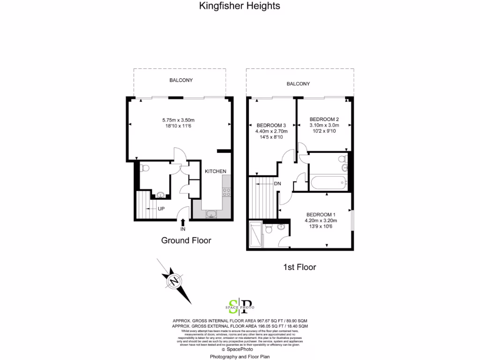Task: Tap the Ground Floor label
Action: pyautogui.click(x=186, y=240)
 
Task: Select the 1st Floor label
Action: pyautogui.click(x=300, y=267)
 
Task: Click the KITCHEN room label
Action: pyautogui.click(x=216, y=172)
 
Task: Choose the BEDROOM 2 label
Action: pyautogui.click(x=324, y=119)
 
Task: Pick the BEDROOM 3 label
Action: pyautogui.click(x=271, y=125)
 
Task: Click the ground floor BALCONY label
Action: pyautogui.click(x=181, y=80)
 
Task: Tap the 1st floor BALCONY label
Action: pyautogui.click(x=299, y=84)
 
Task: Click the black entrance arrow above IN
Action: pyautogui.click(x=183, y=222)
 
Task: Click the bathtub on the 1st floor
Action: pyautogui.click(x=327, y=183)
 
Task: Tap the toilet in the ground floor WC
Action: pyautogui.click(x=144, y=167)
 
